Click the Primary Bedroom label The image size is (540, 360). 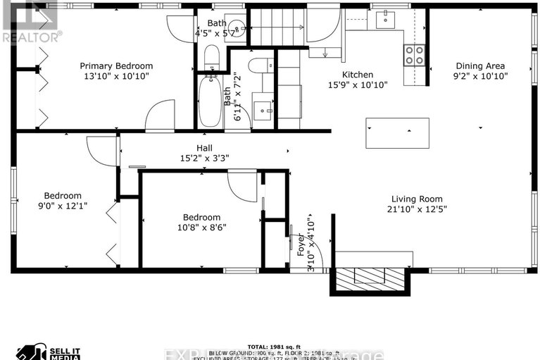click(x=115, y=66)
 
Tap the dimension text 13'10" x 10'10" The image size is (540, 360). click(x=115, y=76)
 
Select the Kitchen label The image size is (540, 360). click(x=358, y=75)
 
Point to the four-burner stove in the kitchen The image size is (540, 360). click(x=414, y=54)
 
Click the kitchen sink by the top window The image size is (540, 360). click(x=385, y=20)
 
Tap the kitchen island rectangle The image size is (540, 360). click(x=397, y=132)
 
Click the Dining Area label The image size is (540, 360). click(x=481, y=66)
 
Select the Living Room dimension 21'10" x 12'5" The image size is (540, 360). click(x=417, y=209)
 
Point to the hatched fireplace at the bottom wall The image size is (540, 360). click(x=369, y=280)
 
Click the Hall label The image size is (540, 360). click(x=205, y=148)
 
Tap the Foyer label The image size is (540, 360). click(x=301, y=242)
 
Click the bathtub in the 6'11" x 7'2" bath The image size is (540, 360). click(x=210, y=103)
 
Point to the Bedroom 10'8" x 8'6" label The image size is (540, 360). click(x=201, y=218)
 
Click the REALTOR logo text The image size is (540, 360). click(x=32, y=35)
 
